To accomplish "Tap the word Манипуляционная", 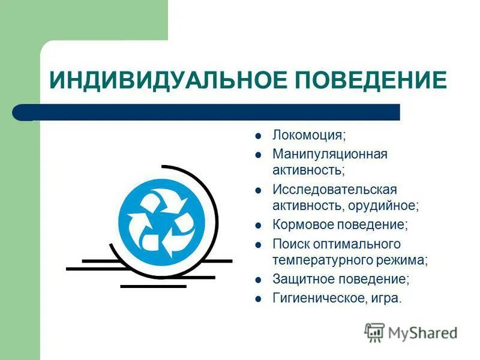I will pos(330,154).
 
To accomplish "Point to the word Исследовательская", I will pos(335,190).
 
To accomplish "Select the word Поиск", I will pos(290,244).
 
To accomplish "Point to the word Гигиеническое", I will pos(316,298).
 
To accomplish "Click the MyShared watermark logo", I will pos(412,332).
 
